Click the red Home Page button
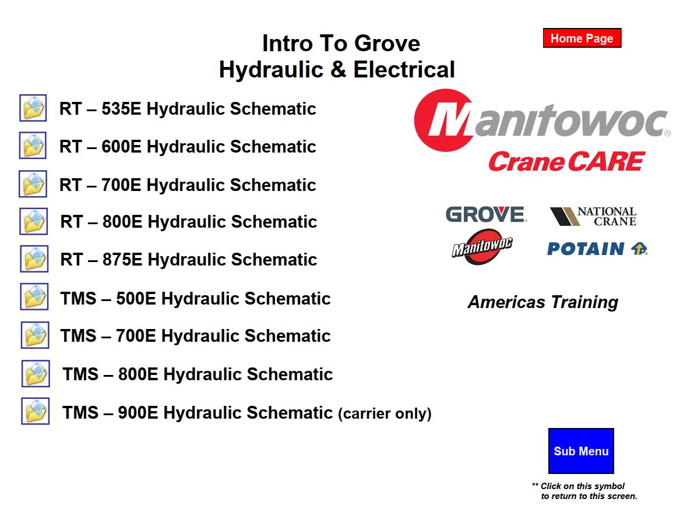pos(582,38)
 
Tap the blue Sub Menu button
pos(581,451)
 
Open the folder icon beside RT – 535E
pos(33,108)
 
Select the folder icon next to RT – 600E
pos(33,146)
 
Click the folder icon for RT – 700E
pos(33,184)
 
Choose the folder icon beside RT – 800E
pos(34,221)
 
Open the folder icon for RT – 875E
pos(34,259)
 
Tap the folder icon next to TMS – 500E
pos(34,297)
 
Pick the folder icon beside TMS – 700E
pos(35,335)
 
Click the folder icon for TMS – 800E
pos(36,373)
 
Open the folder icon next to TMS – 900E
pos(36,411)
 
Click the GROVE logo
pos(486,214)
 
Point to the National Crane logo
pos(593,216)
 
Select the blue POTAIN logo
pos(597,249)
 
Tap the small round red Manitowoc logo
pos(482,247)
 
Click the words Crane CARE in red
pos(566,161)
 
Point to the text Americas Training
pos(543,302)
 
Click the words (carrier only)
pos(385,413)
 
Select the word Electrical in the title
pos(404,70)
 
